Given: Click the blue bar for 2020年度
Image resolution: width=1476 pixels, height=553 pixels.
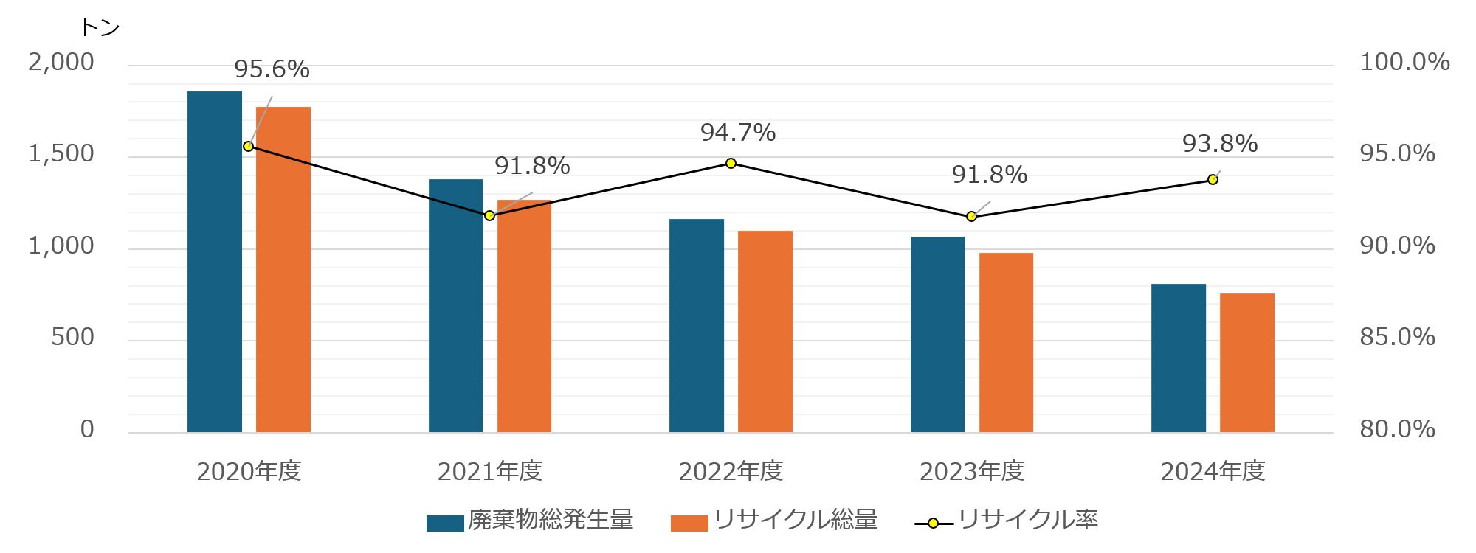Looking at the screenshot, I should pos(215,262).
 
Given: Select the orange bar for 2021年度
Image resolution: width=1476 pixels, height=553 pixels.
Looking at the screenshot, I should pos(524,316).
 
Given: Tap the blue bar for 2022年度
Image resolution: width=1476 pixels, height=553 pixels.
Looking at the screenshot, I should pos(697,325).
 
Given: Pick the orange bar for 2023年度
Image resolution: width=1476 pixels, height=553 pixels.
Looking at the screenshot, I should pos(1006,342).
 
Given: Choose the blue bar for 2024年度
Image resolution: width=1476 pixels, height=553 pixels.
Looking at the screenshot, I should pos(1179,358).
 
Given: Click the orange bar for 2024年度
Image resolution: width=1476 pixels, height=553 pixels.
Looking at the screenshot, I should pos(1247,363).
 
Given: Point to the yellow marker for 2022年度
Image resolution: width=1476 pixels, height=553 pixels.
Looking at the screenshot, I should pos(731,163).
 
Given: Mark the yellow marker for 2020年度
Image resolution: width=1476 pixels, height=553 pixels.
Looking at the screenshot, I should pos(249,146).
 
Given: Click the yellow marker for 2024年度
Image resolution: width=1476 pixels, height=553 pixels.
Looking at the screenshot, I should pos(1213,179).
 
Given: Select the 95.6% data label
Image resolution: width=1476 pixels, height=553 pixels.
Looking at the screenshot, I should pos(272,69).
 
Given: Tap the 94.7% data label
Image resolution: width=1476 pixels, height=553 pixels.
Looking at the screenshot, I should pos(738,133).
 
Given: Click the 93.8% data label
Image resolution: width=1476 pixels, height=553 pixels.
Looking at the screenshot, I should pos(1220,144).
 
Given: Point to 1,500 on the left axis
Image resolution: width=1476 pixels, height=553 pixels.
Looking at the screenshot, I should pos(61,153).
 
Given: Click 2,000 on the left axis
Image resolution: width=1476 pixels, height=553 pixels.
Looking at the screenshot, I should pos(61,62).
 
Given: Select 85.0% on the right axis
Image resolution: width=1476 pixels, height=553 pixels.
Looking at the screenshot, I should pos(1397,337).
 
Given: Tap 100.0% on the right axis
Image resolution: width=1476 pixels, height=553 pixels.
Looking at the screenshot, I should pos(1404,62).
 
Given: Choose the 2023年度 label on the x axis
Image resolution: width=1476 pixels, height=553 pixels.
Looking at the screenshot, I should pos(972,471).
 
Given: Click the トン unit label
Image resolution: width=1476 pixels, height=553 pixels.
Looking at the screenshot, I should pos(100,28).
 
